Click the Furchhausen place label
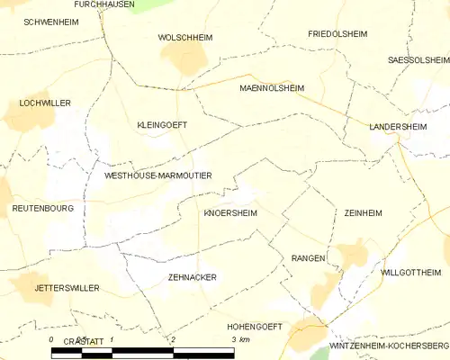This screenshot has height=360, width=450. point(104,4)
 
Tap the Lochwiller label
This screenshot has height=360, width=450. point(44,103)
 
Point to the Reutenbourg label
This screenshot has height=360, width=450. point(42,208)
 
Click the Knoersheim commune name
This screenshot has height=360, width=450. point(230,214)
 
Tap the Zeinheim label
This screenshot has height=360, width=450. point(363,213)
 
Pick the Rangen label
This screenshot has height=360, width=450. point(307,258)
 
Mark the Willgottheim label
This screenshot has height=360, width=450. point(411,272)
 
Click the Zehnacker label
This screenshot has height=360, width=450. point(193,277)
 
